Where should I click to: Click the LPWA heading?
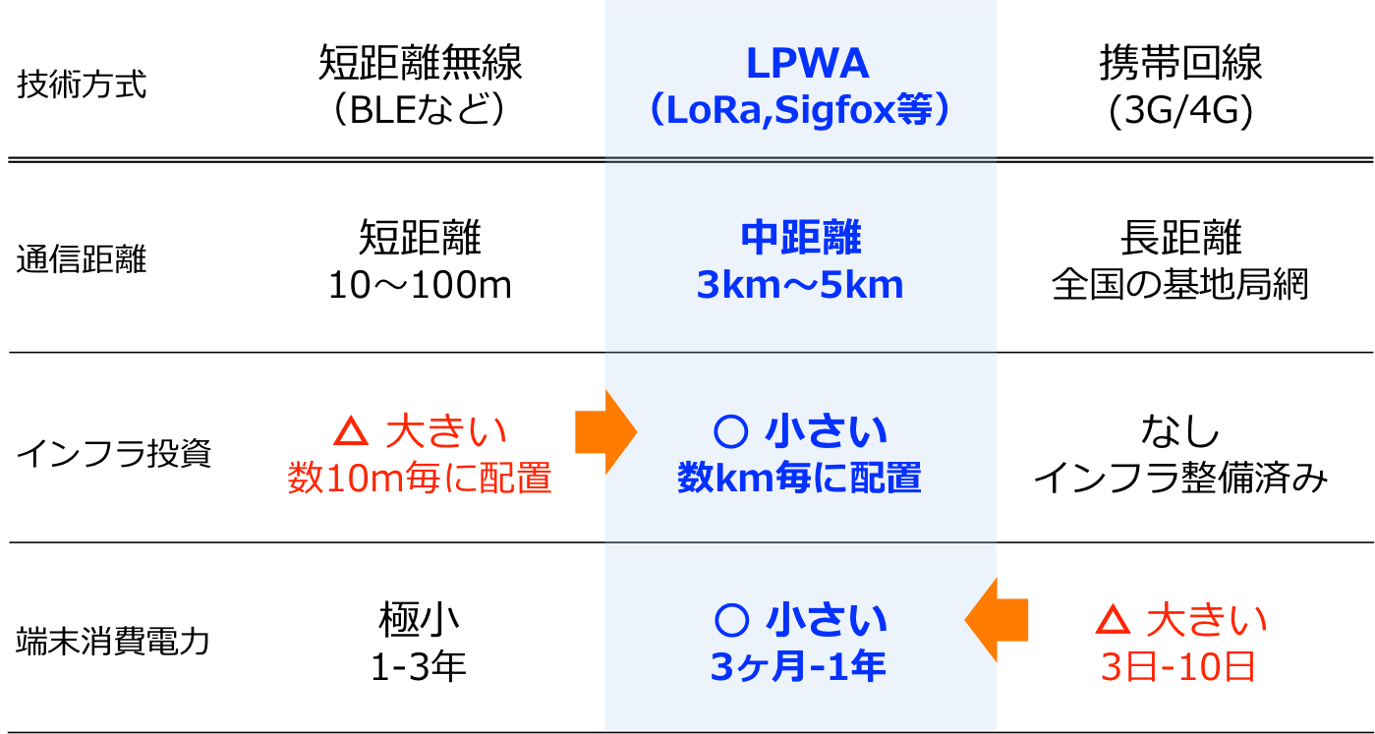[807, 65]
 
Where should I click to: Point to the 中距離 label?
[801, 239]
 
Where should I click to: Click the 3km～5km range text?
[800, 286]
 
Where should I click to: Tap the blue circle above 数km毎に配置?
[728, 430]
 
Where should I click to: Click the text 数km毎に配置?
[799, 479]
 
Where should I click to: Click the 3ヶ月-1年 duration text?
[798, 667]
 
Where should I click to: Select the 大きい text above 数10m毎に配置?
[446, 431]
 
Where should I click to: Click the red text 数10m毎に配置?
[420, 479]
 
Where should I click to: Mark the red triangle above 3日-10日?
[1112, 620]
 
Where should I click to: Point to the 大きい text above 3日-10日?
[1208, 620]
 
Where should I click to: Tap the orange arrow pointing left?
[996, 620]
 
